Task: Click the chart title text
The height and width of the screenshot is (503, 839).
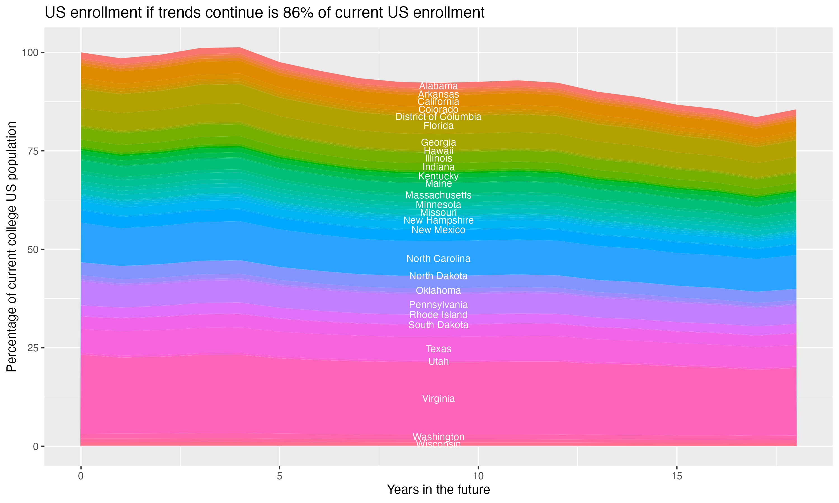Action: [x=265, y=13]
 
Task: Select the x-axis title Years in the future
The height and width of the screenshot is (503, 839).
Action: [x=438, y=489]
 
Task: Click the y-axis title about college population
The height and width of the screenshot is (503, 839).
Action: [x=11, y=246]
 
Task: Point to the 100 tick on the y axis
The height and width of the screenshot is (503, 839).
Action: [x=31, y=53]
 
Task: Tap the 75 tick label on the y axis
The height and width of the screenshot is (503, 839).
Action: [x=33, y=151]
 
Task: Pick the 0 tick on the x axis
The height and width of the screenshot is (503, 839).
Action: [x=81, y=476]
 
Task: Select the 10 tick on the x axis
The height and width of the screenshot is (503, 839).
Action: [x=478, y=476]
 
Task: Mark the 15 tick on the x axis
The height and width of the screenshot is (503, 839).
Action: [x=677, y=476]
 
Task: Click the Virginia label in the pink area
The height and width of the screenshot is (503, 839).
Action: [x=438, y=398]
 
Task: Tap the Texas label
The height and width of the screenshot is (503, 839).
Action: [x=438, y=349]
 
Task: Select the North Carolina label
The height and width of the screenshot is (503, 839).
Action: [x=438, y=258]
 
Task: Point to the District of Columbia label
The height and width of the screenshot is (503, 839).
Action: [x=438, y=117]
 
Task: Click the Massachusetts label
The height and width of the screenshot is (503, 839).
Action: [x=438, y=195]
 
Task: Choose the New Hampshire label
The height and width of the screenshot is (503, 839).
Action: [x=438, y=220]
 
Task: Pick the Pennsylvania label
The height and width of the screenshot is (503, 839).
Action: [x=438, y=305]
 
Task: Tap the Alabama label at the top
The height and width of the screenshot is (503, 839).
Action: [x=438, y=86]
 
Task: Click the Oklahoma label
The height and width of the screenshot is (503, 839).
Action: [x=438, y=290]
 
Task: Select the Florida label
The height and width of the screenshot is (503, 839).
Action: [x=438, y=126]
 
